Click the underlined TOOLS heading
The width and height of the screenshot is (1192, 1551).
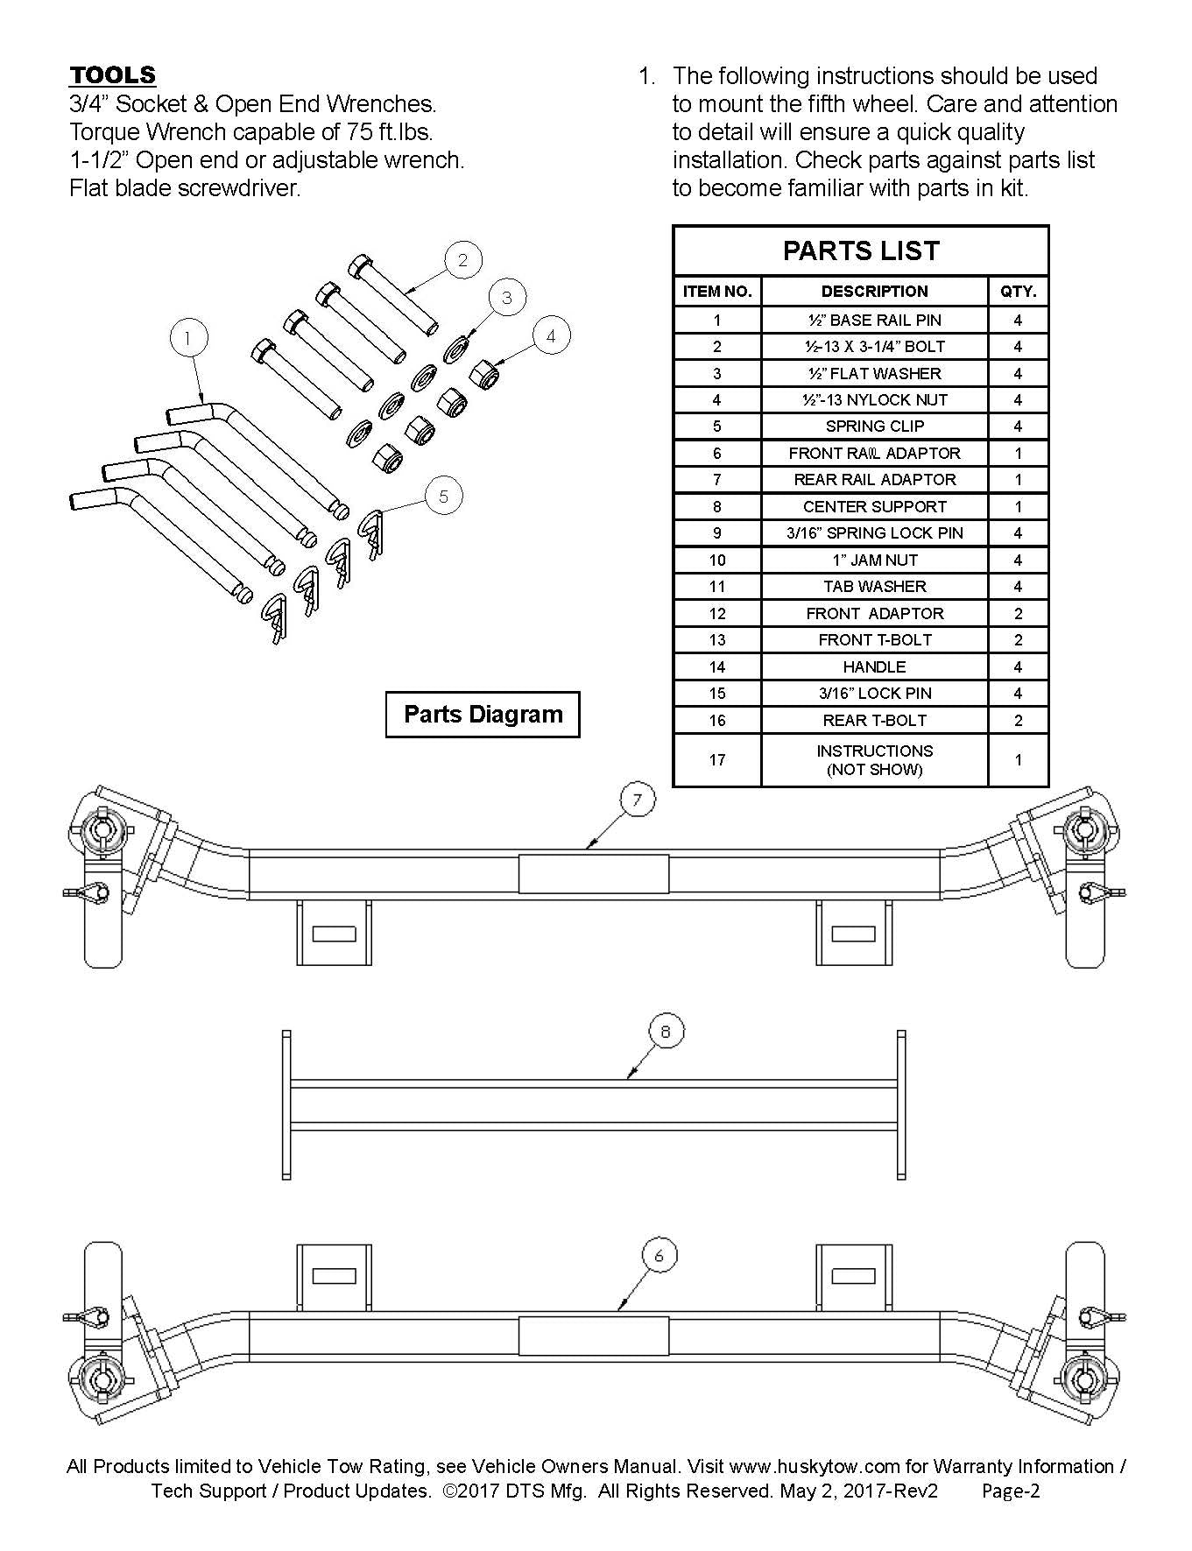(x=112, y=74)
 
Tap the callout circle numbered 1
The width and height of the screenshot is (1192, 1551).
(x=189, y=338)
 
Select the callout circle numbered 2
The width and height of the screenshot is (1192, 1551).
(x=463, y=259)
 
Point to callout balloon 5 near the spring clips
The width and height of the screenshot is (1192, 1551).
(x=443, y=497)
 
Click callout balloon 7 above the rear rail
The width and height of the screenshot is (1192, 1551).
(x=637, y=799)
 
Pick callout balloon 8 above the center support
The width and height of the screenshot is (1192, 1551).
(x=666, y=1032)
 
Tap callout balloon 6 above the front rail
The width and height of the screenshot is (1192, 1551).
(x=659, y=1256)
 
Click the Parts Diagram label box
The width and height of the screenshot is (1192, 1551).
(x=483, y=715)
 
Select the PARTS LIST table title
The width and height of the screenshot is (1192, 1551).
(x=860, y=251)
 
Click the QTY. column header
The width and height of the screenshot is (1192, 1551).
(x=1018, y=292)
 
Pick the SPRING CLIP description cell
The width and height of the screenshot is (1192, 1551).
(x=874, y=427)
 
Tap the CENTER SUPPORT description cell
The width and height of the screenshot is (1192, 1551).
(x=874, y=506)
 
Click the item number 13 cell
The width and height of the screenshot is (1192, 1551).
(x=716, y=640)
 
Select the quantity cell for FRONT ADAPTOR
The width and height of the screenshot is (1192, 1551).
(x=1018, y=613)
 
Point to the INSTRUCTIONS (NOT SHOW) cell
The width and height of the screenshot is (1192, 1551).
(x=874, y=760)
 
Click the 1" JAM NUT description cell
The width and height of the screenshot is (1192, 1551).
(x=874, y=560)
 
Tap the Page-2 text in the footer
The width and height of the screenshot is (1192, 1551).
(x=1010, y=1491)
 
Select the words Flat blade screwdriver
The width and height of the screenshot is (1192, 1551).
(x=185, y=188)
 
